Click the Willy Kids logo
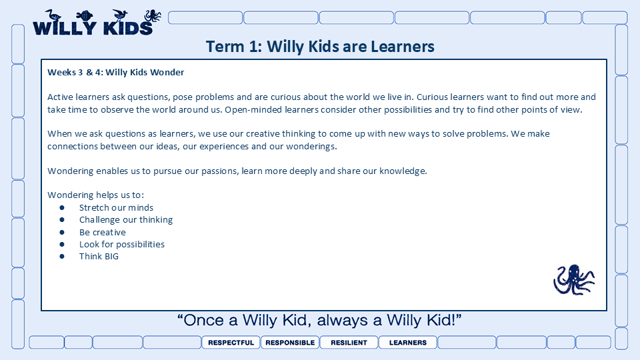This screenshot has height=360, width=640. point(97,23)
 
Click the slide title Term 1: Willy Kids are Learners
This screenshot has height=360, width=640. point(320,47)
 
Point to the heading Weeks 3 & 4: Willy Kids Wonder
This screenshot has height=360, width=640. point(115,72)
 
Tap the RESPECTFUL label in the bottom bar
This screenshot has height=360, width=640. point(231,343)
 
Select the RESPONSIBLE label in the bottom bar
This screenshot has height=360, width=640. point(290,343)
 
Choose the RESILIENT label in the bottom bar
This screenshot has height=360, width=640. point(349,343)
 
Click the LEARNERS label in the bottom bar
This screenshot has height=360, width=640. point(408,343)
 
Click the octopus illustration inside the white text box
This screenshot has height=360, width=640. point(574,279)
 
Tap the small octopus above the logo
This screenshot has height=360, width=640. point(153,16)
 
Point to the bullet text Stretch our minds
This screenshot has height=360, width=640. point(116,207)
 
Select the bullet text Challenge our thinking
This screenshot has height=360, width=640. point(126,219)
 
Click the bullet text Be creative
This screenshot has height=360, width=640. point(103,232)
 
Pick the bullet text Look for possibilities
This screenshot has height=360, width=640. point(121,244)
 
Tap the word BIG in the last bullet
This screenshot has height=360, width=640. point(111,256)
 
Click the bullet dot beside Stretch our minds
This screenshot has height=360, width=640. point(62,208)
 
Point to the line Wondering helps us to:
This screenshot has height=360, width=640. point(95,195)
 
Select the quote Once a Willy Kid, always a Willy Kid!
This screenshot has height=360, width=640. point(319,320)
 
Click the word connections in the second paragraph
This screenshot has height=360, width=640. point(72,146)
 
